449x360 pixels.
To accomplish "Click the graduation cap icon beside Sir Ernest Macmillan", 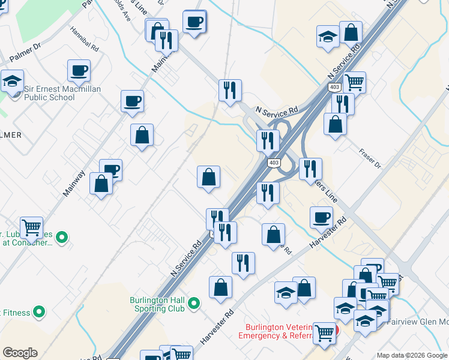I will (x=11, y=81).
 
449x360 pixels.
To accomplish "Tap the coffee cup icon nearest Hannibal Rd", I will (x=79, y=71).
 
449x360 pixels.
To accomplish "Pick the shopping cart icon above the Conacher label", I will (x=31, y=227).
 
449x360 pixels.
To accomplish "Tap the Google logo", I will (x=20, y=353).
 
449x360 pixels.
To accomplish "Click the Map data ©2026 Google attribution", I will (x=412, y=355).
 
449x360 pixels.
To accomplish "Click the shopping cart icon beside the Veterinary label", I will (x=325, y=332).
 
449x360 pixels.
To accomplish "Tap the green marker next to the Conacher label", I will (x=61, y=238).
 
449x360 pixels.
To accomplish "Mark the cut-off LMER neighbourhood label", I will (x=11, y=135).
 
